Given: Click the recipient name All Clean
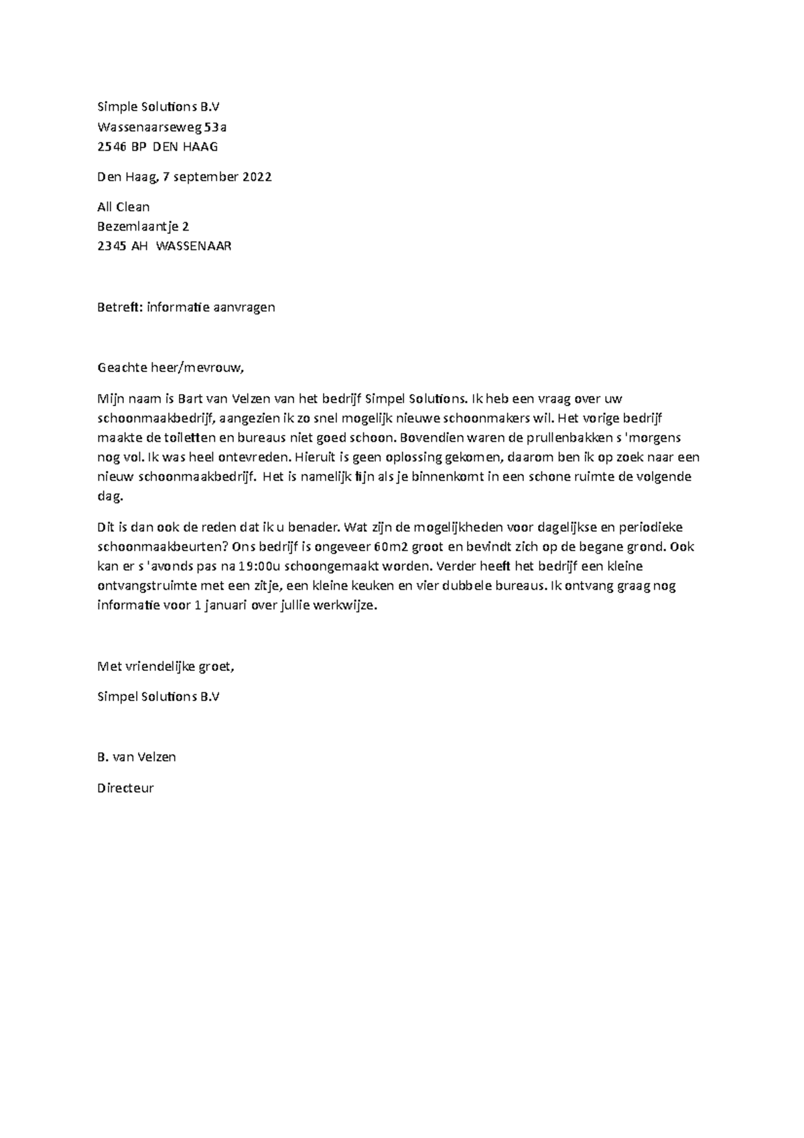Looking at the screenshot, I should pyautogui.click(x=123, y=206).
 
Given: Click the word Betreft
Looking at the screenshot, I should pyautogui.click(x=119, y=307).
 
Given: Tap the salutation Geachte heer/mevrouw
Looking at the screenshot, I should pyautogui.click(x=167, y=367).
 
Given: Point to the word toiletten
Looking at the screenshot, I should pyautogui.click(x=188, y=438).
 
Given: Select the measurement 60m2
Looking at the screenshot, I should pyautogui.click(x=390, y=546).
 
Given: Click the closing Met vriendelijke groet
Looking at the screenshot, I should pyautogui.click(x=166, y=666).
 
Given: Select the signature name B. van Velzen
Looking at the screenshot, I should pyautogui.click(x=137, y=757).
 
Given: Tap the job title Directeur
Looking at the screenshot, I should pyautogui.click(x=125, y=788).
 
